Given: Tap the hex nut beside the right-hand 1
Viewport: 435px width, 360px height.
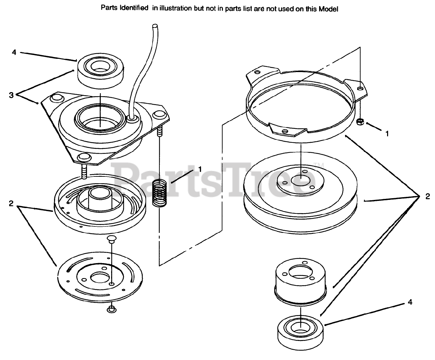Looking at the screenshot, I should pyautogui.click(x=361, y=121).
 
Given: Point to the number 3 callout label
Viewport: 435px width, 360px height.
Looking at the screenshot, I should pyautogui.click(x=11, y=96).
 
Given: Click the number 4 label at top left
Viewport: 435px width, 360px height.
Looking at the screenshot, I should pyautogui.click(x=14, y=52).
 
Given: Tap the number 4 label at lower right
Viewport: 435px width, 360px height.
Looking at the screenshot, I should pyautogui.click(x=410, y=302).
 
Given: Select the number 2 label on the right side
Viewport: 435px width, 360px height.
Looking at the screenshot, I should pyautogui.click(x=428, y=196).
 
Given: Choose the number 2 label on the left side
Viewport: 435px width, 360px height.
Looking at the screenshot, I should pyautogui.click(x=11, y=204).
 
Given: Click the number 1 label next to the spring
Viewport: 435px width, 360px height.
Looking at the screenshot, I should pyautogui.click(x=200, y=169).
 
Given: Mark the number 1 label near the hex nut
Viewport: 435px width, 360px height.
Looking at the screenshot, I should pyautogui.click(x=387, y=134).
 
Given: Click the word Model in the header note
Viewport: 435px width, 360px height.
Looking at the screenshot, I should pyautogui.click(x=328, y=9).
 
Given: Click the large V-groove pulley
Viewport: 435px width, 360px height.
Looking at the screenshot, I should pyautogui.click(x=301, y=197).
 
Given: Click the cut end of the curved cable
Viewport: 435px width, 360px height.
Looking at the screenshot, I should pyautogui.click(x=155, y=26).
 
